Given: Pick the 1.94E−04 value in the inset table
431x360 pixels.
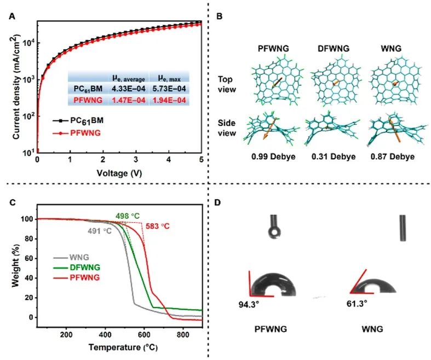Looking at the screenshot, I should pos(168,100).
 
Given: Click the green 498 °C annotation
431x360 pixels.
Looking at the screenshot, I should pos(127,217).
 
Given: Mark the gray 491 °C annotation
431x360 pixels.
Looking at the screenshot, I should pos(100,231).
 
